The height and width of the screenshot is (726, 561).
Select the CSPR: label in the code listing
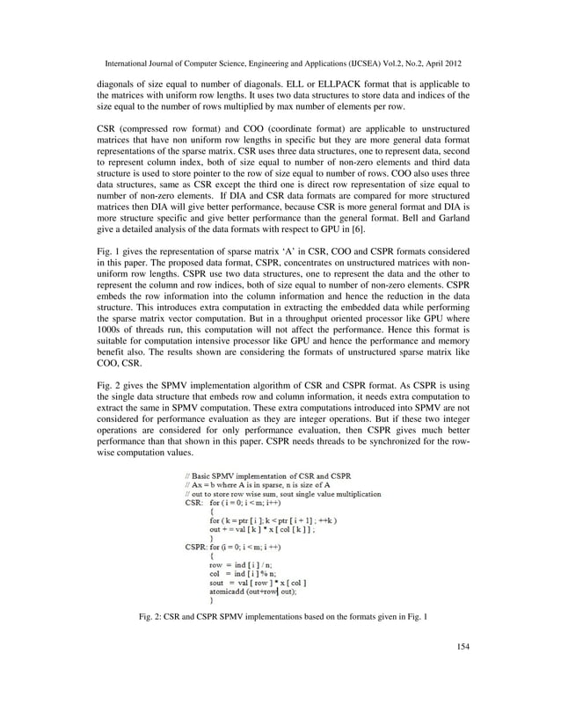pos(196,545)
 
